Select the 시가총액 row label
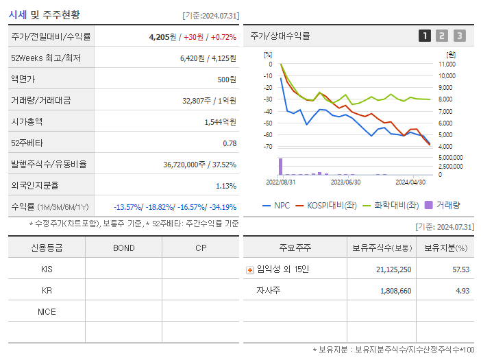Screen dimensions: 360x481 coord(27,121)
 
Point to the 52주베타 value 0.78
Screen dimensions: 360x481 coord(230,143)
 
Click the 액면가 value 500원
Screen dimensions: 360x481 coord(226,80)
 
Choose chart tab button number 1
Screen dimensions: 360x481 coord(425,36)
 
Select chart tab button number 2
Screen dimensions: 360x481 coord(442,36)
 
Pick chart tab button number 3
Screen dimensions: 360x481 coord(459,36)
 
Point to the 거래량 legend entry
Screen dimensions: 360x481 coord(443,204)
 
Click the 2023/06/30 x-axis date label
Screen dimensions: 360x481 coord(345,182)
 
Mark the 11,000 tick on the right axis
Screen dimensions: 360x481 coord(446,64)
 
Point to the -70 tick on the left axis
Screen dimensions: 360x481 coord(268,146)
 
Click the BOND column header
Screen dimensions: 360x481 coord(123,248)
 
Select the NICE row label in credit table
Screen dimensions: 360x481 coord(47,312)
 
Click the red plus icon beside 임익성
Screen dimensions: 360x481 coord(249,269)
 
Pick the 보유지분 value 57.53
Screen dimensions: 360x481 coord(460,269)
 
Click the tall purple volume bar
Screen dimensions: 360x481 coord(280,167)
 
